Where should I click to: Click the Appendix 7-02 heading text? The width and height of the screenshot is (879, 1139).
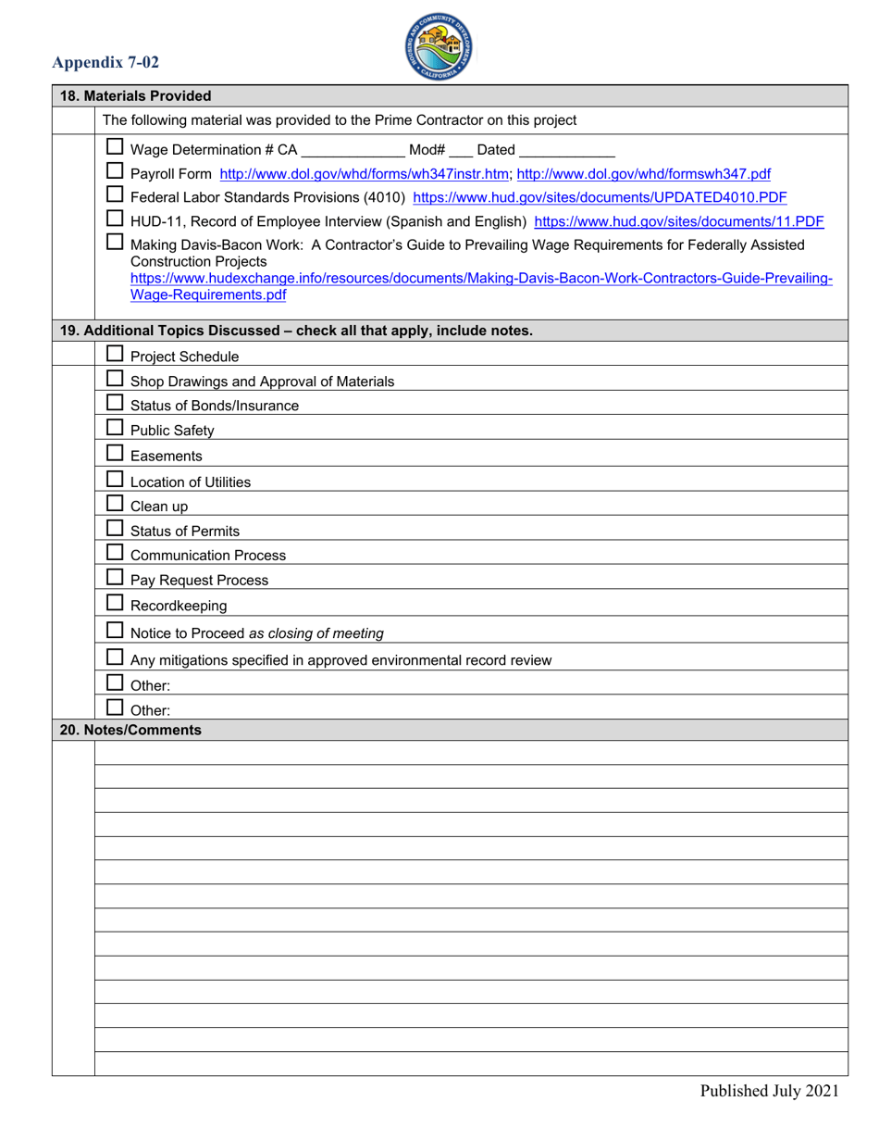[105, 63]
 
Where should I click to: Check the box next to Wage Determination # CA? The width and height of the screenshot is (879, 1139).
[115, 146]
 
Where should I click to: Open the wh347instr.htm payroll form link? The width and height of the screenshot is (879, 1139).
[365, 173]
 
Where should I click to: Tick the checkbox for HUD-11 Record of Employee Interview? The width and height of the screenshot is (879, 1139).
[115, 219]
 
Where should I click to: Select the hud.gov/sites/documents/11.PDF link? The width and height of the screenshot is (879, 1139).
[679, 221]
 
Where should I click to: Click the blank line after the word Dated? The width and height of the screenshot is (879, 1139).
[567, 150]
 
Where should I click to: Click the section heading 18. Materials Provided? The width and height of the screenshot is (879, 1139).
[135, 96]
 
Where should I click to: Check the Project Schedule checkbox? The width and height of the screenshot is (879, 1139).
[115, 354]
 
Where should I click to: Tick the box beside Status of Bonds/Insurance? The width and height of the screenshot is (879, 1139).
[115, 403]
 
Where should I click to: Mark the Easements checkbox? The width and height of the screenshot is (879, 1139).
[115, 453]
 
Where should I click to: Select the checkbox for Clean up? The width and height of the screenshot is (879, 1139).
[115, 504]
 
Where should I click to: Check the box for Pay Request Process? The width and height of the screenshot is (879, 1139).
[115, 577]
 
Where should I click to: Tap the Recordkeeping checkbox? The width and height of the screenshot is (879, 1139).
[115, 603]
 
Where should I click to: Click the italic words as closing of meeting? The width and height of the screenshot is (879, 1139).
[316, 634]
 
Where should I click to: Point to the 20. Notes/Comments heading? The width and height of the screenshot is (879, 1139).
[130, 730]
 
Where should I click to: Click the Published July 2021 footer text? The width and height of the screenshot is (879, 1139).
[769, 1091]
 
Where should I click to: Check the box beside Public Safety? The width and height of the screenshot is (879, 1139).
[115, 428]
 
